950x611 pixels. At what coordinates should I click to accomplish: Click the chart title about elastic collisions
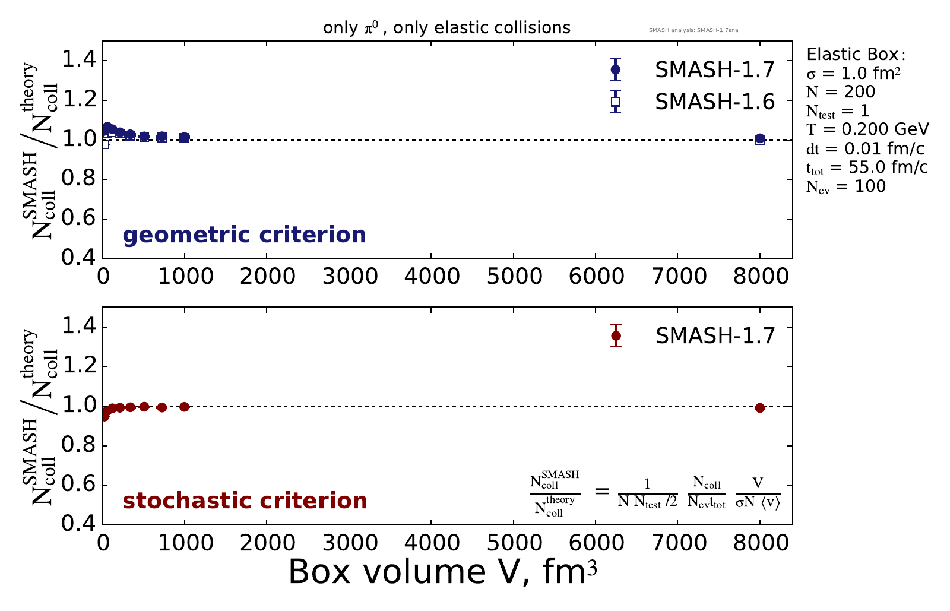point(446,28)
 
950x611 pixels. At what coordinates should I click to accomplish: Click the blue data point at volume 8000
point(760,139)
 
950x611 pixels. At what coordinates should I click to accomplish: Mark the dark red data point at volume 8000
point(760,408)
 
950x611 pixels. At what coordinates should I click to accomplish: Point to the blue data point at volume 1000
point(184,137)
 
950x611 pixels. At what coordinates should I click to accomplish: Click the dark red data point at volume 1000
point(184,407)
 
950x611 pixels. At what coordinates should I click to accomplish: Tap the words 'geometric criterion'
point(244,235)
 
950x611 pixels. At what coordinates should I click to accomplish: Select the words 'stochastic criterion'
point(245,501)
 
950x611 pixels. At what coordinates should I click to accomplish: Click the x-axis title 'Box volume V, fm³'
point(442,572)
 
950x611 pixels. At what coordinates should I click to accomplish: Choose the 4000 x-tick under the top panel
point(430,276)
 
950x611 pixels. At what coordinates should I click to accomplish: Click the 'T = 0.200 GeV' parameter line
point(867,129)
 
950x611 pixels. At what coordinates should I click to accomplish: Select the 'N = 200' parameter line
point(841,92)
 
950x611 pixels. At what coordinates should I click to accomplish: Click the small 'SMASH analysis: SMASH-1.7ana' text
point(693,30)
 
